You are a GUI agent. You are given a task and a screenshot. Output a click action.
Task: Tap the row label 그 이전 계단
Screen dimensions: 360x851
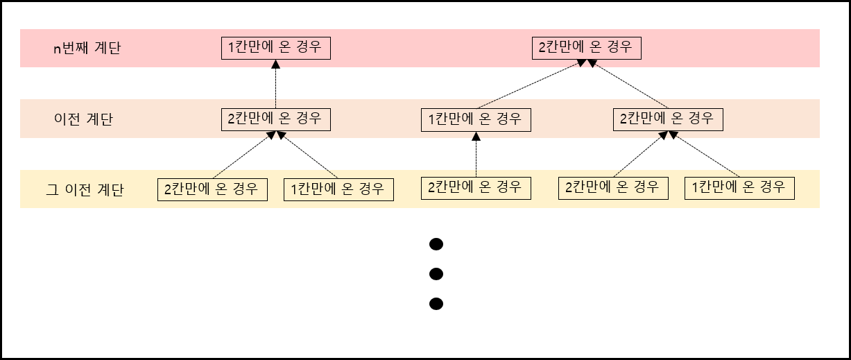pyautogui.click(x=85, y=189)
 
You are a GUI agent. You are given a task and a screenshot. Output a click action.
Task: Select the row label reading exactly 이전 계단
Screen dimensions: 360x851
pyautogui.click(x=83, y=119)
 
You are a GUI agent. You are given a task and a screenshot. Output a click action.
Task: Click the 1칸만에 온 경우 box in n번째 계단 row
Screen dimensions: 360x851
pyautogui.click(x=276, y=48)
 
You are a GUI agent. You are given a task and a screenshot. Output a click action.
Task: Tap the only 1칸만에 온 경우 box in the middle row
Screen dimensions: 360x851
pyautogui.click(x=476, y=119)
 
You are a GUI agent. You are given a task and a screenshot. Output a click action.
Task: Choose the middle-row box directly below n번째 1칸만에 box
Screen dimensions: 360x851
pyautogui.click(x=276, y=119)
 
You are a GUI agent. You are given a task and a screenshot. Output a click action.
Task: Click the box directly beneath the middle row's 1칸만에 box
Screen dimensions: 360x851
pyautogui.click(x=476, y=187)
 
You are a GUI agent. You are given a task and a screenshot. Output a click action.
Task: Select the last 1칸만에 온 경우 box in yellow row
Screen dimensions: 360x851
pyautogui.click(x=739, y=187)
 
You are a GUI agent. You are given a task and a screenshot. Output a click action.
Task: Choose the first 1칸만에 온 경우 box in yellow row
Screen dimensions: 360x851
pyautogui.click(x=339, y=189)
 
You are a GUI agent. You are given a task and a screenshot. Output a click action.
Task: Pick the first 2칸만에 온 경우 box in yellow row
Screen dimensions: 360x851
pyautogui.click(x=213, y=189)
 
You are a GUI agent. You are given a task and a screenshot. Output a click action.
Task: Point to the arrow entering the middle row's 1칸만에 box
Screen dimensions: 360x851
pyautogui.click(x=476, y=154)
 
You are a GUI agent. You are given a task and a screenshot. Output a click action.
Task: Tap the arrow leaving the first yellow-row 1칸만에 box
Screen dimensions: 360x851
pyautogui.click(x=308, y=155)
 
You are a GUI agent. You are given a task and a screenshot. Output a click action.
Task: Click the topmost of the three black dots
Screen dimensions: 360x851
pyautogui.click(x=436, y=244)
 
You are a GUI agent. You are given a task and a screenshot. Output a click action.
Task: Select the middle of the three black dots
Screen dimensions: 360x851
pyautogui.click(x=436, y=274)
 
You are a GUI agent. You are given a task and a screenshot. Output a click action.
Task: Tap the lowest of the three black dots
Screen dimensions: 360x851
pyautogui.click(x=436, y=304)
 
